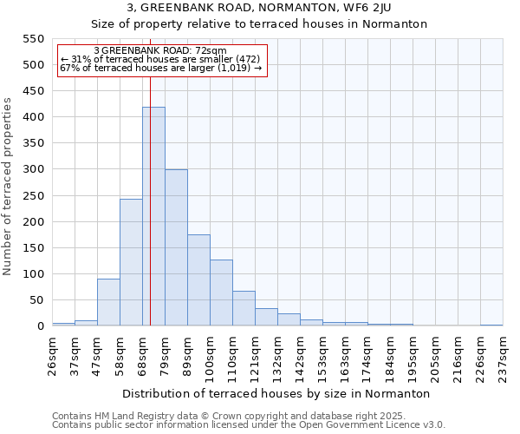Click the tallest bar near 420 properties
coord(153,216)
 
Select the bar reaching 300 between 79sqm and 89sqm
coord(176,247)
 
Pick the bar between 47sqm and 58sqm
coord(108,302)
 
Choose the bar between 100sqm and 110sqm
coord(221,293)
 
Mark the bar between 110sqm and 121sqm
coord(244,308)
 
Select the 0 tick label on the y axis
coord(40,326)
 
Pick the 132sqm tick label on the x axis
coord(277,354)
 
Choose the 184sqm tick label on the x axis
coord(390,354)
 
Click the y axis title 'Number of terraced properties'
coord(8,187)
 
